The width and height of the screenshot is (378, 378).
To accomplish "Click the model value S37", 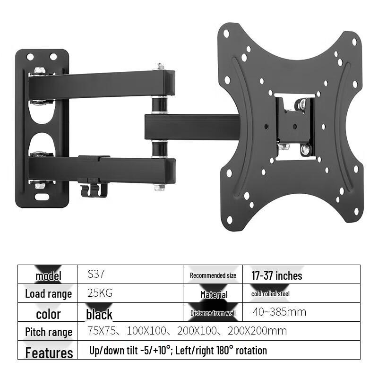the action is point(96,274).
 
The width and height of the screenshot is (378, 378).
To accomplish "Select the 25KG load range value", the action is point(100,293).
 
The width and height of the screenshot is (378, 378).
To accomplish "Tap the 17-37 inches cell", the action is point(277,275).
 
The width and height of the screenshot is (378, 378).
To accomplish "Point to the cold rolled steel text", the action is point(270,294).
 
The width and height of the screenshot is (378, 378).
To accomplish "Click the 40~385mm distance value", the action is point(279,312).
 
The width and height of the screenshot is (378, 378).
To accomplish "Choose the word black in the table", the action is point(99,314).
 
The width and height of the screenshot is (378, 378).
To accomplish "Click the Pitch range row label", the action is point(49,332).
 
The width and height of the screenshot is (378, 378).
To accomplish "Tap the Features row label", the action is point(49,353).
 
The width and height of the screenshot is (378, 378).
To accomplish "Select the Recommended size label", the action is point(213,275).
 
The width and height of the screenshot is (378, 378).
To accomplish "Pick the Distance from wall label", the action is point(213,313).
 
